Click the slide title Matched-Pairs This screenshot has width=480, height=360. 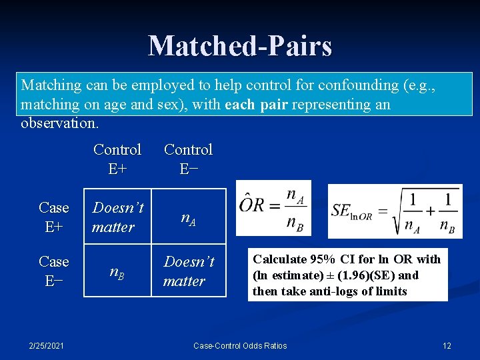coord(240,46)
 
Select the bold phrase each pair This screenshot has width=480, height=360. coord(254,105)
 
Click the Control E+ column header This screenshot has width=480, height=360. coord(117,159)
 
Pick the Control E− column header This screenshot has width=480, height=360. coord(188,159)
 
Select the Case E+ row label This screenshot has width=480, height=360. coord(54,217)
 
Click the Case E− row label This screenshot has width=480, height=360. coord(54,271)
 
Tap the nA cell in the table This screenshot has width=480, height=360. coord(188,217)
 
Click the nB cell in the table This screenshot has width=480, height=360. coord(117,271)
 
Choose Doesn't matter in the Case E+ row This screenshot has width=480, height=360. coord(117,217)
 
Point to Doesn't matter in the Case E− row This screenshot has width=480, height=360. coord(188,271)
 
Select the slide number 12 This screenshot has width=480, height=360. coord(447,345)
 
